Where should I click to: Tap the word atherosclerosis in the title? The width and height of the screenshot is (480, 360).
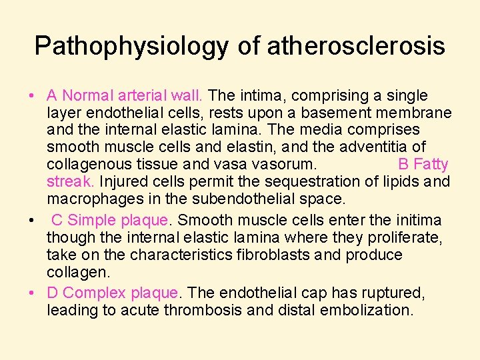[x=355, y=46]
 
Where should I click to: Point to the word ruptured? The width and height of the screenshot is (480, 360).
[x=386, y=293]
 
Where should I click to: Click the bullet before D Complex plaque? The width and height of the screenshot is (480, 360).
[x=33, y=293]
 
